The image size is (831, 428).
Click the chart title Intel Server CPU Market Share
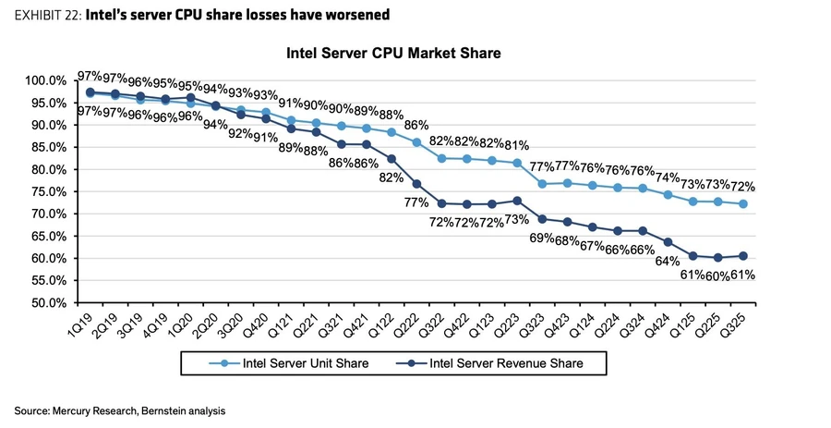click(x=393, y=54)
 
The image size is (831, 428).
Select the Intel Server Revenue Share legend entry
click(x=499, y=363)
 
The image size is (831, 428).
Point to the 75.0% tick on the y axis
click(x=44, y=191)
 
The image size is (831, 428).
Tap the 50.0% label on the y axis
click(x=44, y=302)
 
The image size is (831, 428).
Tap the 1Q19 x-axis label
click(x=81, y=324)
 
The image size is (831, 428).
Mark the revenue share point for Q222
click(x=416, y=183)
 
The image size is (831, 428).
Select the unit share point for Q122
click(x=391, y=132)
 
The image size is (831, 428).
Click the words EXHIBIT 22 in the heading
click(x=46, y=16)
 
